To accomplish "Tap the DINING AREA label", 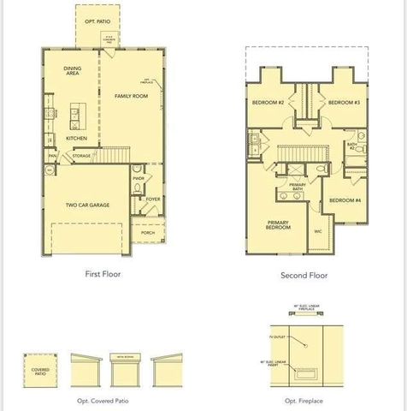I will [73, 72].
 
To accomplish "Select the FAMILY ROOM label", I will [132, 97].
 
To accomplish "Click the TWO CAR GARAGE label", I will [87, 205].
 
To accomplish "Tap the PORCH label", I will [148, 232].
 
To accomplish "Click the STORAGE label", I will [81, 157].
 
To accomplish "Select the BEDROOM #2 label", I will [268, 103].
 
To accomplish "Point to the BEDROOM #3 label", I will [344, 103].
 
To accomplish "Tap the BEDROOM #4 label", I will [345, 200].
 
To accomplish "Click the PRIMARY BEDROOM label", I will [278, 225].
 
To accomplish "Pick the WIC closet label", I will [317, 231].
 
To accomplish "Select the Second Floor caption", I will [304, 276].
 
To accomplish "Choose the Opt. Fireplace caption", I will [304, 401].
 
